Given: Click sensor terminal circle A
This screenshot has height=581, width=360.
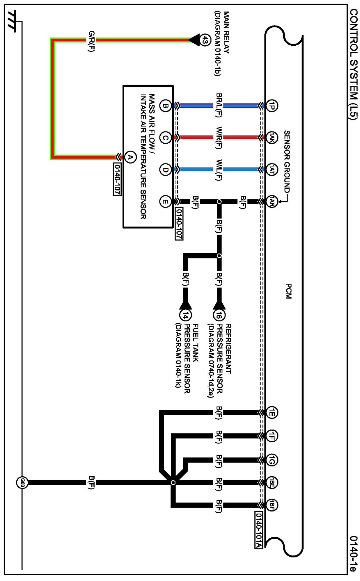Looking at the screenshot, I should point(130,157).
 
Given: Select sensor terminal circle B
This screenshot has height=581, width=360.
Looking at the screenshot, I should point(165,106).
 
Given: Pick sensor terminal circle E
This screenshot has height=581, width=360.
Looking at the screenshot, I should point(165,201).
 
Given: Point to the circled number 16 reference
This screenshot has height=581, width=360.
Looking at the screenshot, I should point(219,315).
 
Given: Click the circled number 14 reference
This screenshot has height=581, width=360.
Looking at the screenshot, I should point(186,315).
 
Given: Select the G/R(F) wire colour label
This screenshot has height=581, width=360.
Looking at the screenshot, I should point(91,41).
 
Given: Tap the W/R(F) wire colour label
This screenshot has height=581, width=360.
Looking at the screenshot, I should point(219,138).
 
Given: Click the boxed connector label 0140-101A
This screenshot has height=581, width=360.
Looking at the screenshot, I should point(258,530).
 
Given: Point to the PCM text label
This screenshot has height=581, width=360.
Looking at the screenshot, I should point(288,291).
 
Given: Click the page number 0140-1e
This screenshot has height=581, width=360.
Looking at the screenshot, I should point(353,554).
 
